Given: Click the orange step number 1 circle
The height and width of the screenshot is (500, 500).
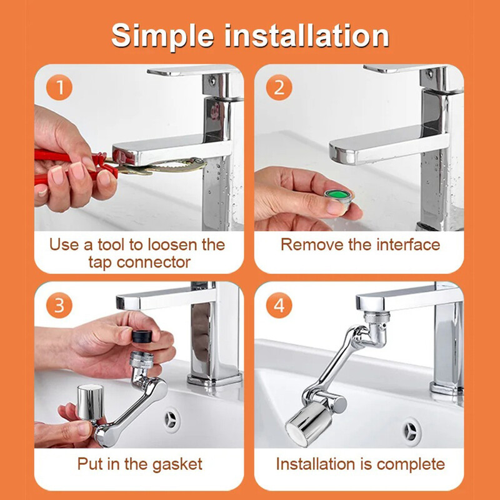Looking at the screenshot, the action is (x=59, y=87).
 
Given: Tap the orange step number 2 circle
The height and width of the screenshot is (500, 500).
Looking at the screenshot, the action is (x=279, y=87).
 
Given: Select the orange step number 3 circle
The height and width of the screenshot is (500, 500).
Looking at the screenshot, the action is (x=59, y=305).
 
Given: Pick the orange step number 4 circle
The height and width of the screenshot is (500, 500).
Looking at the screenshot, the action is (x=279, y=305).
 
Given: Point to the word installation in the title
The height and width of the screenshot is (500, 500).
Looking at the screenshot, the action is (x=307, y=35).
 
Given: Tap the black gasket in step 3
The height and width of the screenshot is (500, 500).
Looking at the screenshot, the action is (x=142, y=336).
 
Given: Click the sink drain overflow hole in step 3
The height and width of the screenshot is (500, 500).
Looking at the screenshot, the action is (x=171, y=419).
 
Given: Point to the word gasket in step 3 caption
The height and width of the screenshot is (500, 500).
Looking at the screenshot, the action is (x=177, y=465).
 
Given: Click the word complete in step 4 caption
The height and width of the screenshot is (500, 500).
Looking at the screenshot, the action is (x=411, y=465).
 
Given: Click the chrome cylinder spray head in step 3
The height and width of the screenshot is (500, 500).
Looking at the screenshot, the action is (x=90, y=402).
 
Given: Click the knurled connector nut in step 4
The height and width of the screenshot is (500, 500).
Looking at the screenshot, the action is (x=377, y=318).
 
